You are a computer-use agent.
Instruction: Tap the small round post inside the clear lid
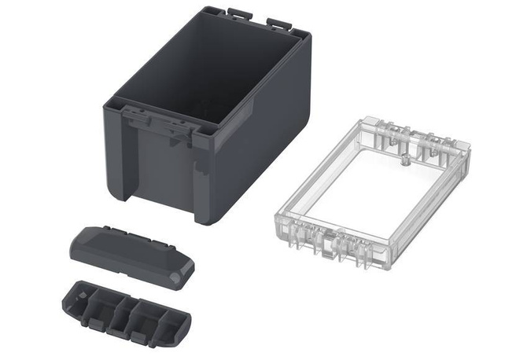(x=404, y=162)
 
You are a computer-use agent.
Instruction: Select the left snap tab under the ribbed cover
(x=93, y=323)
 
